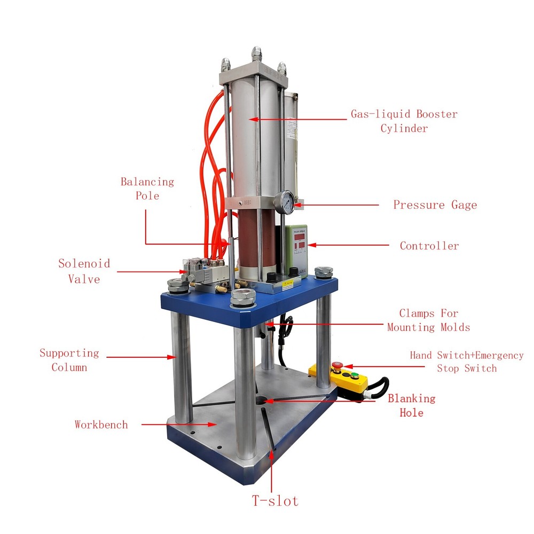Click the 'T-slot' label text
tap(275, 501)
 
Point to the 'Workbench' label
tap(101, 425)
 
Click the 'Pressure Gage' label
tap(435, 205)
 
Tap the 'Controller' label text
tap(429, 246)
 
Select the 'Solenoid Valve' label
tap(84, 271)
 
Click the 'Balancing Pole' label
tap(147, 189)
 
